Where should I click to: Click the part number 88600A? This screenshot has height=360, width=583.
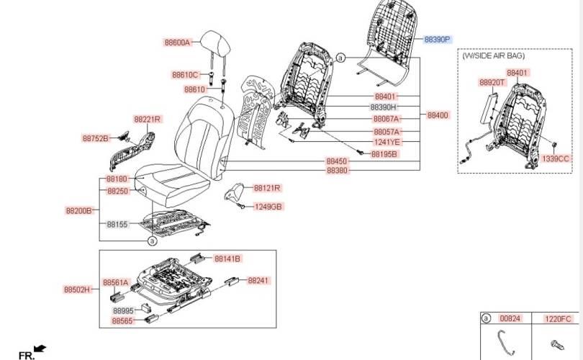[x=176, y=42]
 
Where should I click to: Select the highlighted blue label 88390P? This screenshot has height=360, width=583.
[x=437, y=40]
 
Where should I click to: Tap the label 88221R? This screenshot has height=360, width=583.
[x=147, y=119]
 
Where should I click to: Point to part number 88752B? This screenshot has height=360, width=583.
[x=95, y=138]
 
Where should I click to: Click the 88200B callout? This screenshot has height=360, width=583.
[x=79, y=210]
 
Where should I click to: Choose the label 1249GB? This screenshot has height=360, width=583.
[x=268, y=207]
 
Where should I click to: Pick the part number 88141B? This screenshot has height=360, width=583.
[x=227, y=258]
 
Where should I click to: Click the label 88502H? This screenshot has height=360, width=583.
[x=78, y=289]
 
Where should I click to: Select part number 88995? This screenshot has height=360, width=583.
[x=124, y=310]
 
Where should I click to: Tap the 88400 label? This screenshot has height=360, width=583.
[x=437, y=115]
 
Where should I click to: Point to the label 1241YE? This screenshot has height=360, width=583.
[x=387, y=142]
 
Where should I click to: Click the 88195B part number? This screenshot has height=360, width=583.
[x=384, y=155]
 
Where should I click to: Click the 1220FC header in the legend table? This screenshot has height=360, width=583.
[x=558, y=318]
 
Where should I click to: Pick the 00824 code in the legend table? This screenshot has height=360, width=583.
[x=509, y=318]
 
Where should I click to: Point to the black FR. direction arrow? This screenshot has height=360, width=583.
[x=40, y=349]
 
